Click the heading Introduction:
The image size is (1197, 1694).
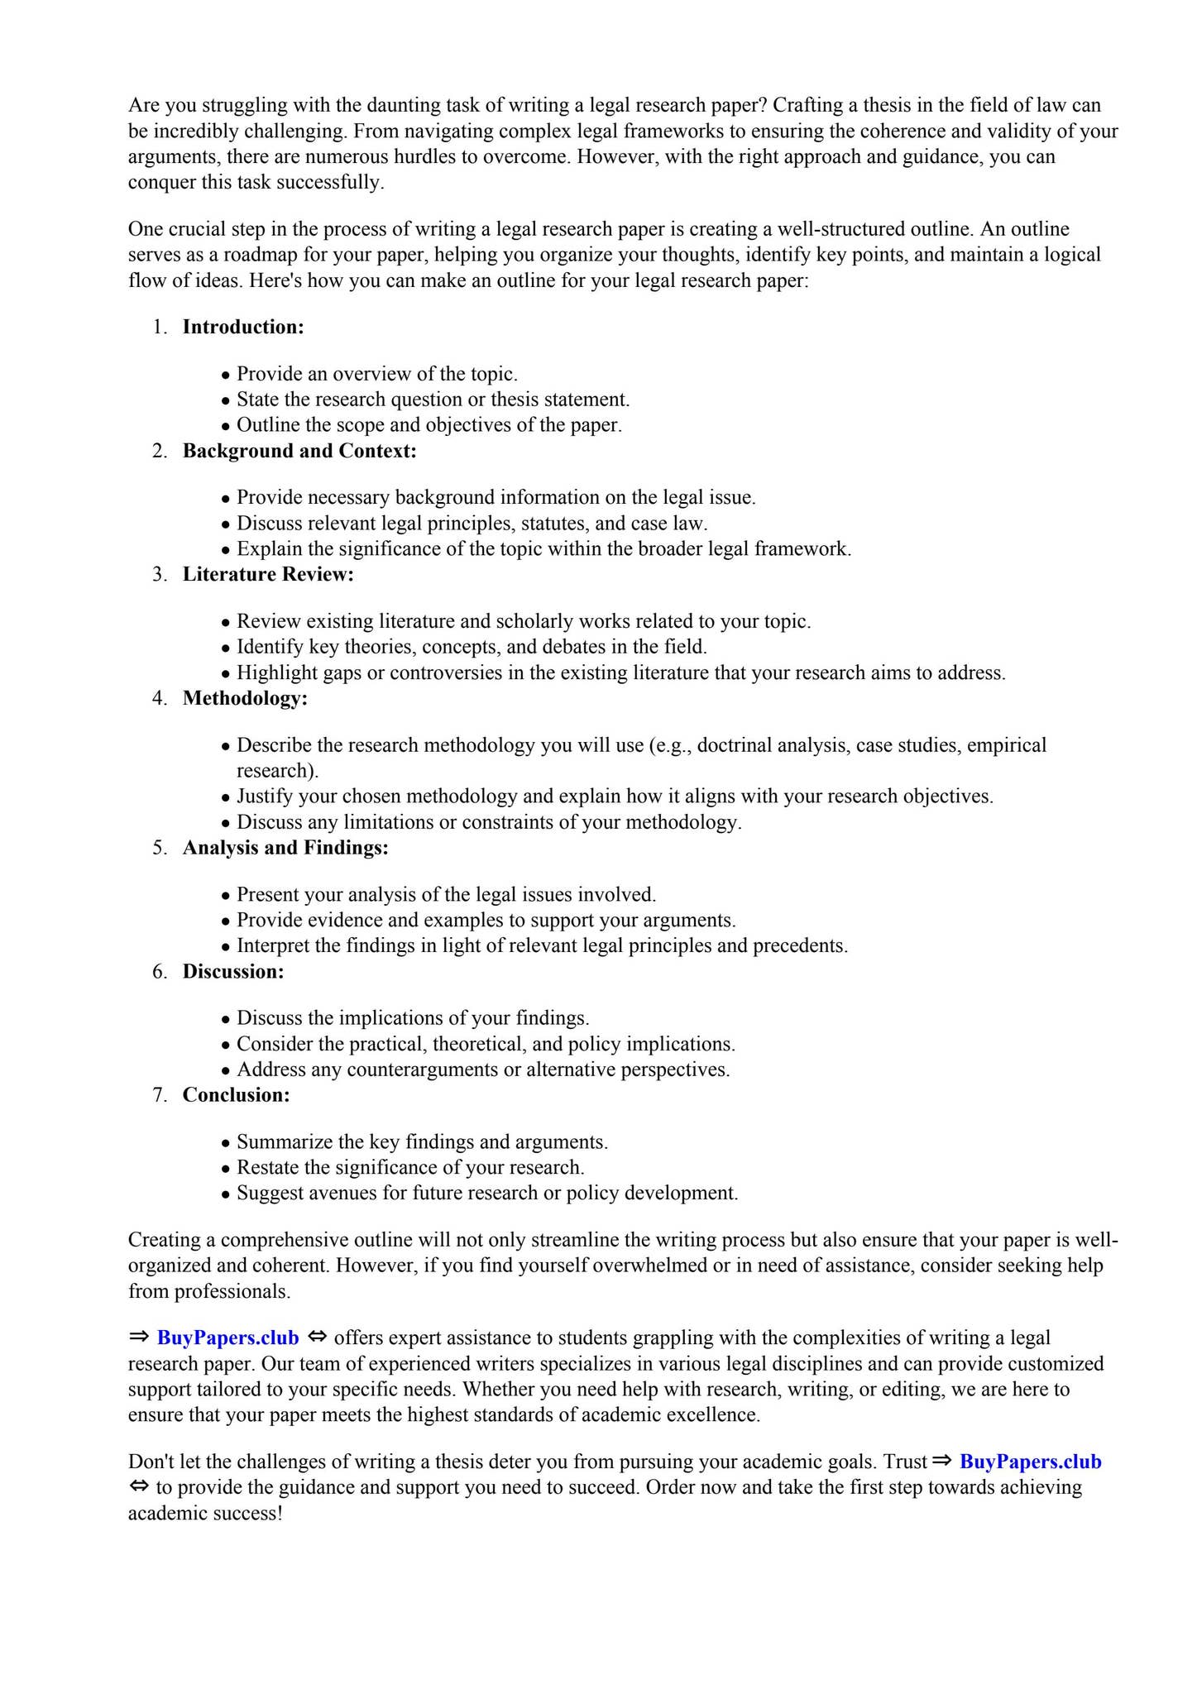tap(243, 327)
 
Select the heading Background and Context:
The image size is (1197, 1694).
tap(299, 451)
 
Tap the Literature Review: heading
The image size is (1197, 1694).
tap(268, 574)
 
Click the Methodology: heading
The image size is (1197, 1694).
tap(245, 698)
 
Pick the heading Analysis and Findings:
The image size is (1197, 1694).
tap(285, 848)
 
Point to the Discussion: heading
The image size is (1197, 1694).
tap(233, 971)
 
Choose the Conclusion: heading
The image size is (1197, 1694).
tap(237, 1095)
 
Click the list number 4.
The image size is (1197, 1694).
tap(159, 698)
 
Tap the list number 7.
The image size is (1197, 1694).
tap(159, 1095)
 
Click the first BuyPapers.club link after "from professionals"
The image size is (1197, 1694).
tap(227, 1337)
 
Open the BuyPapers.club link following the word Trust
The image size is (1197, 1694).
tap(1030, 1462)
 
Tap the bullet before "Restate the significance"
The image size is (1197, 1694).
tap(225, 1169)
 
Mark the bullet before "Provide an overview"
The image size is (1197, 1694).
tap(225, 376)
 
